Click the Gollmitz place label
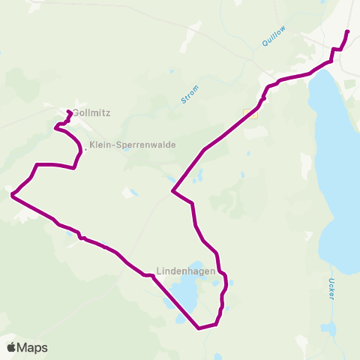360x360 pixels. pyautogui.click(x=91, y=112)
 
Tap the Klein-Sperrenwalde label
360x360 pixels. pyautogui.click(x=131, y=145)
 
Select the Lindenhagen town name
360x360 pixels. pyautogui.click(x=187, y=271)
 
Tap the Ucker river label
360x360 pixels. pyautogui.click(x=331, y=289)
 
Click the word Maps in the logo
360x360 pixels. pyautogui.click(x=33, y=347)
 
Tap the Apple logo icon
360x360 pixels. pyautogui.click(x=11, y=347)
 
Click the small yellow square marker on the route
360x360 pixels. pyautogui.click(x=250, y=114)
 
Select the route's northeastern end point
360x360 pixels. pyautogui.click(x=347, y=31)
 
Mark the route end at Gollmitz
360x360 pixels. pyautogui.click(x=68, y=112)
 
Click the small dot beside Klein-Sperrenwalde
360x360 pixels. pyautogui.click(x=85, y=148)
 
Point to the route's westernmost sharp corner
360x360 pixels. pyautogui.click(x=12, y=195)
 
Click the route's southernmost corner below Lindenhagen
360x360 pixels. pyautogui.click(x=199, y=328)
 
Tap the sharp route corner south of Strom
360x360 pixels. pyautogui.click(x=172, y=191)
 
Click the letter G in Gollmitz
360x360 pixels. pyautogui.click(x=76, y=112)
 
